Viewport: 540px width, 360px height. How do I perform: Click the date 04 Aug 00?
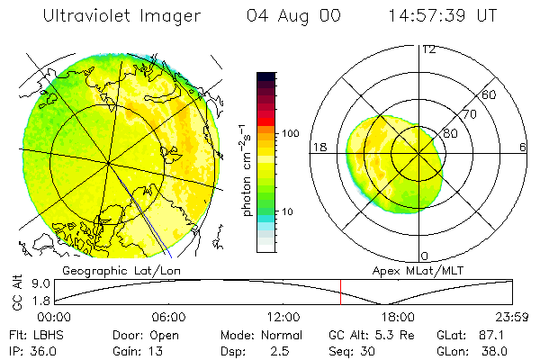pyautogui.click(x=291, y=15)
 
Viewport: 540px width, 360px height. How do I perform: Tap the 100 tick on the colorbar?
pyautogui.click(x=291, y=133)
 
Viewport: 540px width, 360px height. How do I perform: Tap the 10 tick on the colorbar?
pyautogui.click(x=289, y=211)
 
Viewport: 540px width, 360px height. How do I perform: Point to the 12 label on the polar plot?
pyautogui.click(x=428, y=49)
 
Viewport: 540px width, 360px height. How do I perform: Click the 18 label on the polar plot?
pyautogui.click(x=319, y=147)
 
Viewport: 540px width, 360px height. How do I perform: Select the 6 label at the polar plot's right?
pyautogui.click(x=523, y=147)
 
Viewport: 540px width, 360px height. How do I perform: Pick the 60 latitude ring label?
pyautogui.click(x=490, y=94)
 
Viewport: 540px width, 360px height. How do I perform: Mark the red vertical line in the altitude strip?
pyautogui.click(x=340, y=292)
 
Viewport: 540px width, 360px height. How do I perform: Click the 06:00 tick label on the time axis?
pyautogui.click(x=168, y=317)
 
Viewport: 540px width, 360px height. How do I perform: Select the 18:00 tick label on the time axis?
pyautogui.click(x=397, y=317)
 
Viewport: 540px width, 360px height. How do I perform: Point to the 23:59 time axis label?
pyautogui.click(x=512, y=317)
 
